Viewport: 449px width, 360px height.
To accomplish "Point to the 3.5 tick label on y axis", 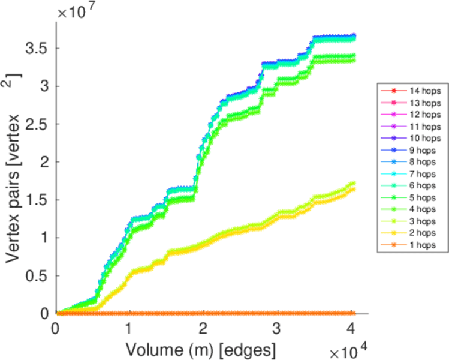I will (x=35, y=49).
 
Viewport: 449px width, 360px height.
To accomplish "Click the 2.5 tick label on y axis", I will (x=35, y=124).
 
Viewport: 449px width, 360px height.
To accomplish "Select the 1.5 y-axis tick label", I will (x=35, y=200).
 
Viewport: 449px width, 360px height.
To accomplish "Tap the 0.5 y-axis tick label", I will (x=35, y=275).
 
